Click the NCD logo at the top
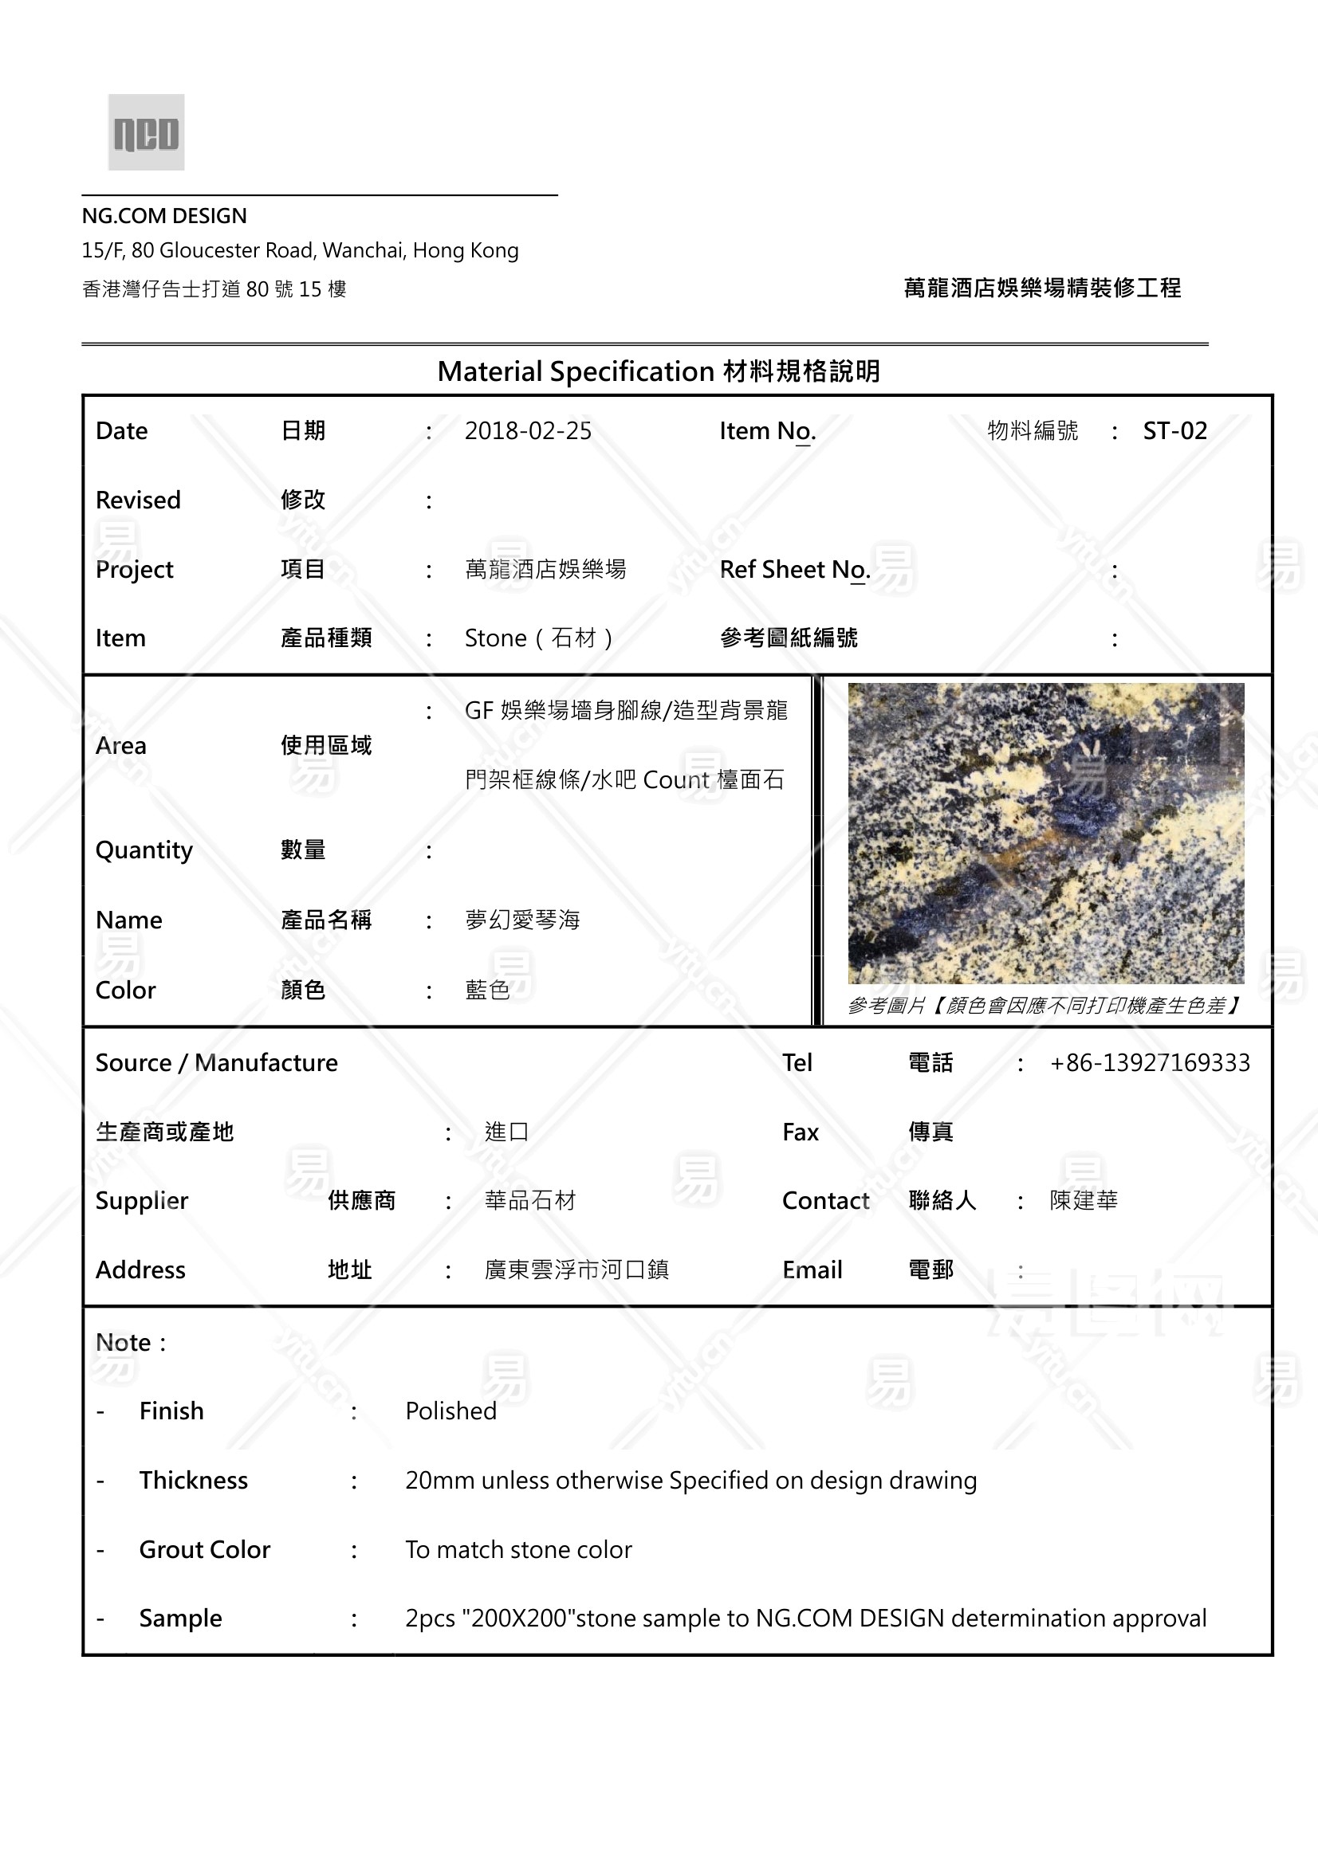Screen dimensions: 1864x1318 click(146, 132)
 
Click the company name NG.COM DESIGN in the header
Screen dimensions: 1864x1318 click(164, 216)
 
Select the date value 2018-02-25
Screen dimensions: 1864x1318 click(528, 431)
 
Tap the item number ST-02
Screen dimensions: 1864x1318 click(1174, 431)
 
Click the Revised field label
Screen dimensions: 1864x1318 click(138, 500)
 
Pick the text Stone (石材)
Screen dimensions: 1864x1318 click(538, 638)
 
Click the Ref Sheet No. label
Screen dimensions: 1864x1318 click(794, 570)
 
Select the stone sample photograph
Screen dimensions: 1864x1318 click(1045, 833)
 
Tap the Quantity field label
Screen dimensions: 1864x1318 click(144, 850)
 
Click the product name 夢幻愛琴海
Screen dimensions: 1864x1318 click(522, 920)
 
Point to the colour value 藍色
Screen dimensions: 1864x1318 click(487, 990)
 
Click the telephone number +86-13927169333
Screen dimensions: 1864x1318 click(1149, 1063)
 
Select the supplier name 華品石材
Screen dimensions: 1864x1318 click(529, 1201)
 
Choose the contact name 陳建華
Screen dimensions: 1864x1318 click(1084, 1201)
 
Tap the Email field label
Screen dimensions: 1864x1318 click(812, 1269)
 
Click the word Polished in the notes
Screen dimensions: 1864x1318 click(450, 1411)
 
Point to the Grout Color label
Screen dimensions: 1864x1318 click(205, 1550)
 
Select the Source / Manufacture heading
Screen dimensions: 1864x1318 click(216, 1063)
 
